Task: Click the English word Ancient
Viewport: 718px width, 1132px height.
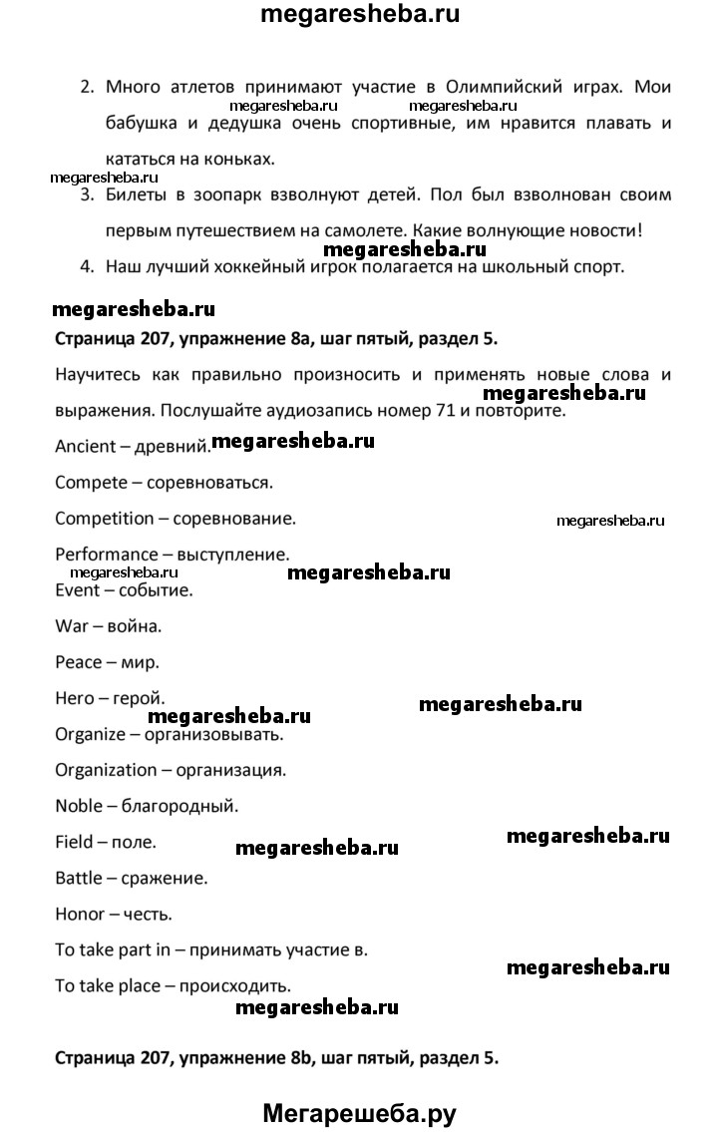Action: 85,447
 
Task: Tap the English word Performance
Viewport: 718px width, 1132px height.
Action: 107,555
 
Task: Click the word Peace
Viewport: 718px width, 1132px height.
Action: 79,662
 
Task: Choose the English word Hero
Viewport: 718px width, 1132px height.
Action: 75,698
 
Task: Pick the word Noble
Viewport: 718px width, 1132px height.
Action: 79,806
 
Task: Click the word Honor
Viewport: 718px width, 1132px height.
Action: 79,914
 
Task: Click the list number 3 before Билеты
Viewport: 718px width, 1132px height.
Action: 87,193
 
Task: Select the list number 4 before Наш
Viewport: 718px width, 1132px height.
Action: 87,266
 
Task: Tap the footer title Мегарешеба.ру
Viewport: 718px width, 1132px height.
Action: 359,1109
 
